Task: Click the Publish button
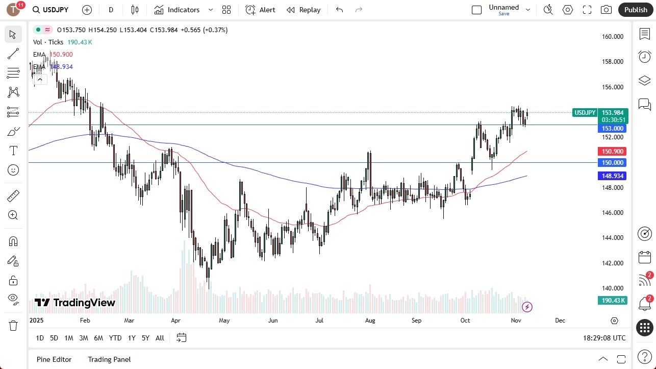[x=635, y=10]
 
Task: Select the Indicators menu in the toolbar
[x=183, y=10]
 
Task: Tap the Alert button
[x=260, y=10]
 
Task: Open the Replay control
[x=304, y=10]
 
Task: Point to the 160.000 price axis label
[x=613, y=37]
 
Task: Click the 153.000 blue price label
[x=613, y=129]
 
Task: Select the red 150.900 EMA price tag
[x=613, y=152]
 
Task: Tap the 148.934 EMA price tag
[x=613, y=176]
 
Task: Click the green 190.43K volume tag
[x=613, y=301]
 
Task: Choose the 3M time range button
[x=84, y=338]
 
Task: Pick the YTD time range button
[x=115, y=338]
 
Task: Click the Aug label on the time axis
[x=370, y=321]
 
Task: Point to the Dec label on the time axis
[x=560, y=321]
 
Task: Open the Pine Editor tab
[x=54, y=359]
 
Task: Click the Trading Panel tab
[x=109, y=359]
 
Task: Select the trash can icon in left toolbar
[x=13, y=325]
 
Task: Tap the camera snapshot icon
[x=606, y=10]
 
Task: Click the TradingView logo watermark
[x=75, y=303]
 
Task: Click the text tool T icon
[x=13, y=151]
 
